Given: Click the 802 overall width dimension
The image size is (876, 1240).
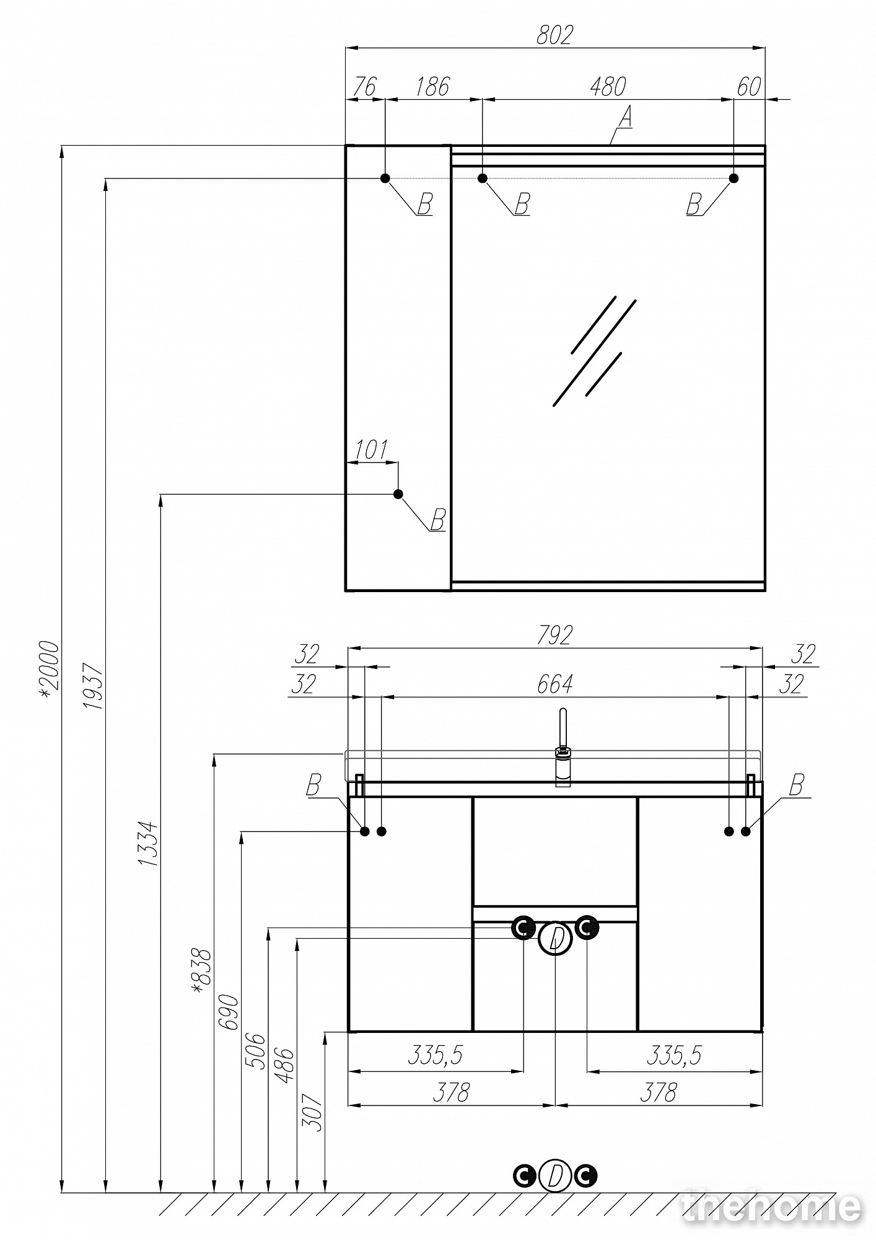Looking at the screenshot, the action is click(x=554, y=35).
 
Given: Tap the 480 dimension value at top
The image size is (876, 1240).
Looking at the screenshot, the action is click(x=608, y=86).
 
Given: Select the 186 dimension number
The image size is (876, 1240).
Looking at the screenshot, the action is click(x=432, y=86).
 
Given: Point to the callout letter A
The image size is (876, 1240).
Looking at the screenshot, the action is click(x=626, y=117).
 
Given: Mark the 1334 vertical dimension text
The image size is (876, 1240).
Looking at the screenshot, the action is click(x=149, y=844).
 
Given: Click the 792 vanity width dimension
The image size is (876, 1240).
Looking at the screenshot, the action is click(x=554, y=635).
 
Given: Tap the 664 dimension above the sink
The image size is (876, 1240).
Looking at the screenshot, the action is click(x=554, y=684).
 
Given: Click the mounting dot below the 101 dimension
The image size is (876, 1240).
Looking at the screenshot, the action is click(x=398, y=494).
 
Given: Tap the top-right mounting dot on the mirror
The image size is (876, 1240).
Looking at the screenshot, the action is click(x=734, y=178).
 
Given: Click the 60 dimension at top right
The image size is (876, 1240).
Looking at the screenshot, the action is click(x=748, y=86).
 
